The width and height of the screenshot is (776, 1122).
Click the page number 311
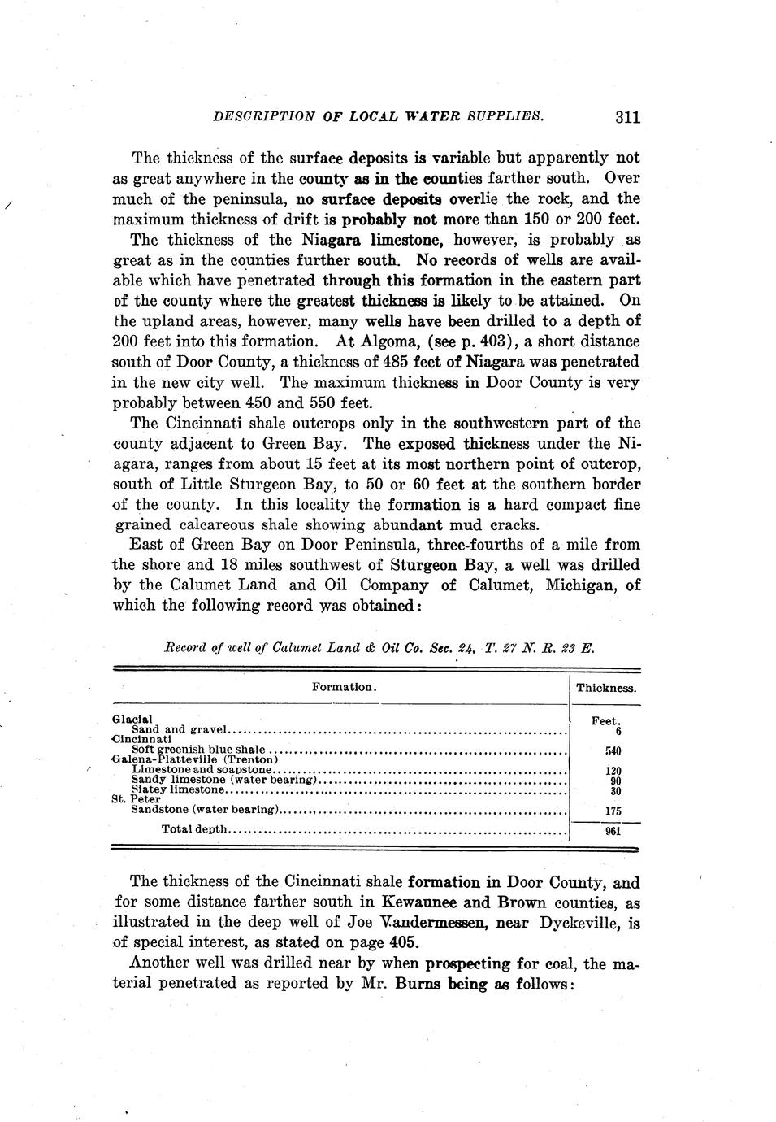click(x=627, y=117)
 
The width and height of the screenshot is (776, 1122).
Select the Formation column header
click(x=344, y=687)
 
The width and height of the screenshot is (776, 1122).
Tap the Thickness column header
click(x=606, y=688)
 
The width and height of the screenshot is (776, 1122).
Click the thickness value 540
click(x=613, y=750)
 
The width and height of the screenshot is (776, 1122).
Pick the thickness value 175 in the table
click(x=613, y=811)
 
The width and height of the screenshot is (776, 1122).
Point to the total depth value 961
click(x=613, y=831)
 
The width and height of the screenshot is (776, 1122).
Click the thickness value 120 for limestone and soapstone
click(x=613, y=771)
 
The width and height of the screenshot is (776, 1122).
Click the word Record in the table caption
click(x=183, y=648)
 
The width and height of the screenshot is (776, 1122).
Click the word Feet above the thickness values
click(x=605, y=720)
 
